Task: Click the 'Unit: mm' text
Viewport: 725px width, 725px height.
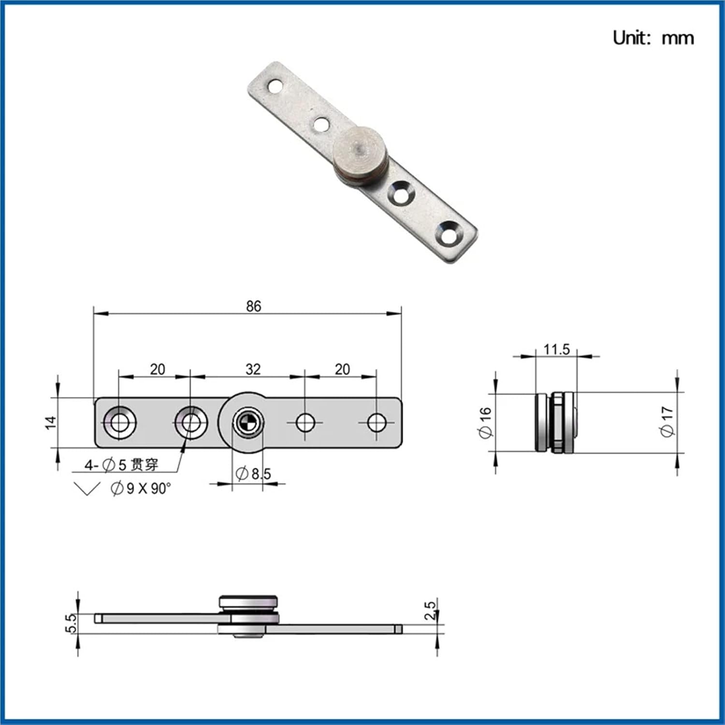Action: pyautogui.click(x=652, y=38)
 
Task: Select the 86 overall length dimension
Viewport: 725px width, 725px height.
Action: pyautogui.click(x=253, y=306)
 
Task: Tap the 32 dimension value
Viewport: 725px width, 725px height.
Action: pyautogui.click(x=253, y=369)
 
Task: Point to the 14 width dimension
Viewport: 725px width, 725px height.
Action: pyautogui.click(x=51, y=422)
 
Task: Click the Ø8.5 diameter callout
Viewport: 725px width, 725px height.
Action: pyautogui.click(x=253, y=474)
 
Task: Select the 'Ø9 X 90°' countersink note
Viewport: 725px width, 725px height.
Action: pyautogui.click(x=141, y=488)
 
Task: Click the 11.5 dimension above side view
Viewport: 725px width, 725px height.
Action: pyautogui.click(x=556, y=349)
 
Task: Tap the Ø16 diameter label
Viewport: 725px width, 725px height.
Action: pyautogui.click(x=485, y=422)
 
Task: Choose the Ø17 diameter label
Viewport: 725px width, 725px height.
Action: pyautogui.click(x=667, y=421)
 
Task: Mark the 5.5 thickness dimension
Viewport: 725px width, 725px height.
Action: pyautogui.click(x=71, y=623)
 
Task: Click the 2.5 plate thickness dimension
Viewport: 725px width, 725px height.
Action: pyautogui.click(x=430, y=610)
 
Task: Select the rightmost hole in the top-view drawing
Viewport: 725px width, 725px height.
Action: pyautogui.click(x=377, y=422)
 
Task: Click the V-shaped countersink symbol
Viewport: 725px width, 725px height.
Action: pyautogui.click(x=87, y=488)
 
